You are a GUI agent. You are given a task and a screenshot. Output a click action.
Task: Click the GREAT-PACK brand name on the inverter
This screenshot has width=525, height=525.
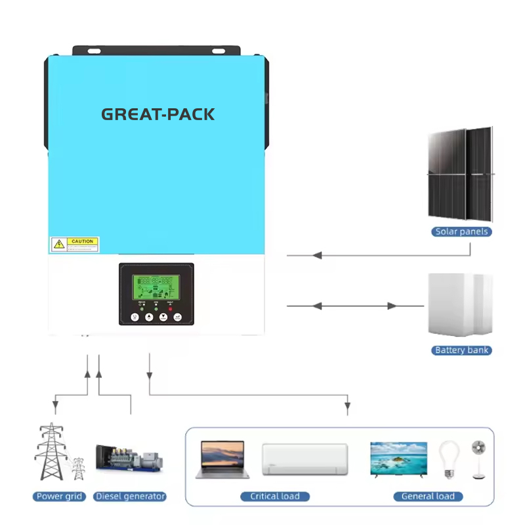(x=157, y=114)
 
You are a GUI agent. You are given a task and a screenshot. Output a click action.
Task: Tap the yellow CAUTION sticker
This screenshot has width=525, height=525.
(x=75, y=245)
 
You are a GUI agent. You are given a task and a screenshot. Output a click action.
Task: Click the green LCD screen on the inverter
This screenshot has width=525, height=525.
(x=156, y=284)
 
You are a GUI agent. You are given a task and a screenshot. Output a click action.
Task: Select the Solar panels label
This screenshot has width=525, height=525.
(x=462, y=232)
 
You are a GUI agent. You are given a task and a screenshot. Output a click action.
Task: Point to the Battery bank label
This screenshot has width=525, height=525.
(x=462, y=350)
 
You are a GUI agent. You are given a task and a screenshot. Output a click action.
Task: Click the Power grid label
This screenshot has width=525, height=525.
(x=59, y=496)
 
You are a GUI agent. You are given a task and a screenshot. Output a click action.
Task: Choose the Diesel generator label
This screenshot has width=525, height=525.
(x=129, y=496)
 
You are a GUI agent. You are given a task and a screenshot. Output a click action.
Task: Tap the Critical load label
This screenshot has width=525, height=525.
(x=275, y=496)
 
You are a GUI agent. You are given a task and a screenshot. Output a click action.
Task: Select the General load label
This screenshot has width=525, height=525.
(x=428, y=496)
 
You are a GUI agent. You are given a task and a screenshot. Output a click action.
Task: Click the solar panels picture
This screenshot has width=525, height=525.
(x=461, y=174)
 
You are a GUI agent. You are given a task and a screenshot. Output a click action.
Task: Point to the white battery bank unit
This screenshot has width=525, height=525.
(x=459, y=305)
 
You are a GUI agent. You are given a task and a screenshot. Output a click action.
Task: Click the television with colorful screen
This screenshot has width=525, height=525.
(x=398, y=457)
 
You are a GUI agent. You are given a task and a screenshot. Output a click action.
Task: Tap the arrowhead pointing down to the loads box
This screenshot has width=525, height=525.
(x=347, y=409)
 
